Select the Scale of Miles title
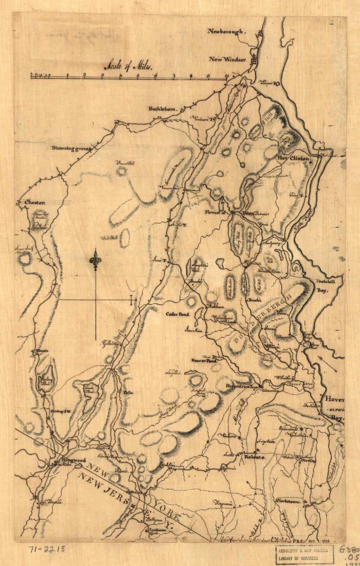(x=129, y=66)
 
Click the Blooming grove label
(x=70, y=148)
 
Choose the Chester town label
(x=34, y=203)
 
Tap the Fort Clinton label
(x=293, y=159)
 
